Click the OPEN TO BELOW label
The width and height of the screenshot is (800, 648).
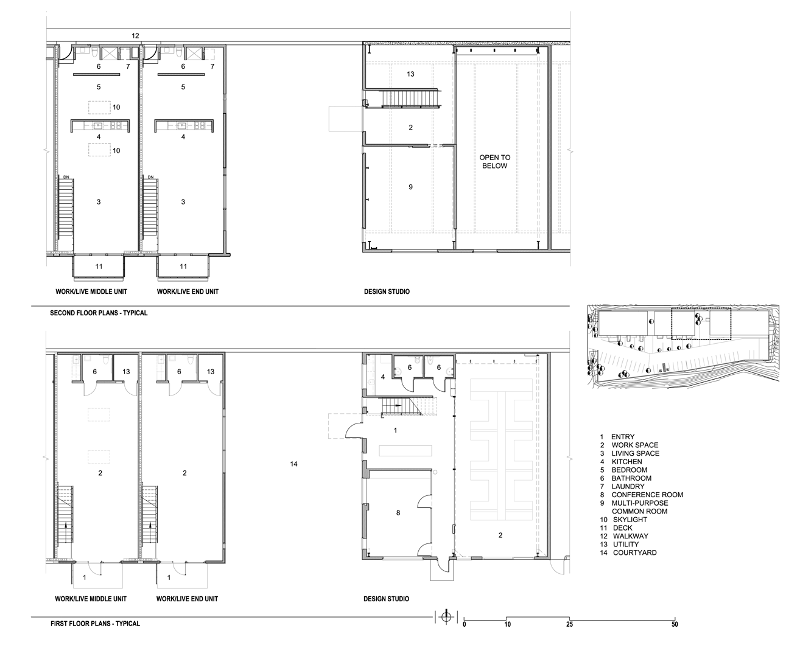pyautogui.click(x=494, y=162)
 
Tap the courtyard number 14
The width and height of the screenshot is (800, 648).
pyautogui.click(x=293, y=464)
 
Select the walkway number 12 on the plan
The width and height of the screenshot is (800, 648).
pyautogui.click(x=135, y=36)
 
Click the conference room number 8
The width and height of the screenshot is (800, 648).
pyautogui.click(x=398, y=512)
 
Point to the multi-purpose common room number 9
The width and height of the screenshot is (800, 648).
pyautogui.click(x=410, y=187)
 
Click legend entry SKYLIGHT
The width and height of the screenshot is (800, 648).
pyautogui.click(x=630, y=520)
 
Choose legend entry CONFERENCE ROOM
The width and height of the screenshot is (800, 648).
pyautogui.click(x=647, y=495)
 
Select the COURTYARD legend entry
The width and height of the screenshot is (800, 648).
pyautogui.click(x=635, y=552)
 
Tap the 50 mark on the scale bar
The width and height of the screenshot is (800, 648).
pyautogui.click(x=675, y=624)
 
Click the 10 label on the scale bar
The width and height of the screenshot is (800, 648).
pyautogui.click(x=507, y=624)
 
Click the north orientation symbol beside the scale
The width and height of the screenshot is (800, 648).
pyautogui.click(x=446, y=616)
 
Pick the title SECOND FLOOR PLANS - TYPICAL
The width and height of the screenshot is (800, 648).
pyautogui.click(x=99, y=313)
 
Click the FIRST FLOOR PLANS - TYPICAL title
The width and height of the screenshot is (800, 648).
pyautogui.click(x=96, y=624)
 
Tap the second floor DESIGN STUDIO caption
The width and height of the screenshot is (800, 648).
pyautogui.click(x=387, y=291)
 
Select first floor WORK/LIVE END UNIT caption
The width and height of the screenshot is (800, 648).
pyautogui.click(x=187, y=599)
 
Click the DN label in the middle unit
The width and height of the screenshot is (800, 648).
pyautogui.click(x=66, y=176)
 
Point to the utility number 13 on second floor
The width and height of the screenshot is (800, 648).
pyautogui.click(x=410, y=74)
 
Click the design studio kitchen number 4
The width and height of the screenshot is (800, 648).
pyautogui.click(x=383, y=377)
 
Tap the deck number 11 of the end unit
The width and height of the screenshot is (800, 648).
pyautogui.click(x=183, y=267)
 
